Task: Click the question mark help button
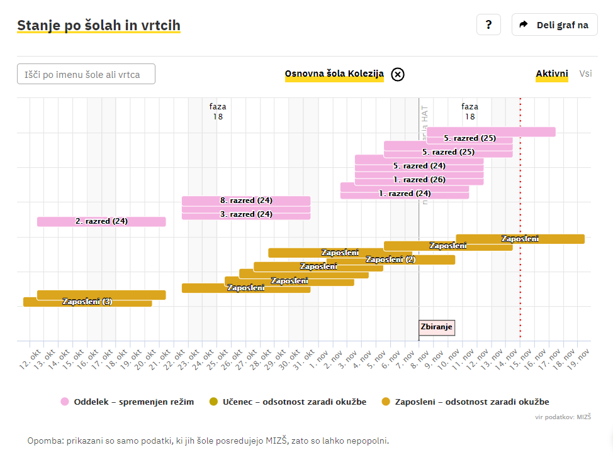[x=488, y=25]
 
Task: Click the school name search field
[x=86, y=74]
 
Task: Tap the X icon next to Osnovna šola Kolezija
[x=398, y=74]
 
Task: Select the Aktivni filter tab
[x=552, y=74]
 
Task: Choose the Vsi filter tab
[x=585, y=74]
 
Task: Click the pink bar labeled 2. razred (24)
[x=101, y=221]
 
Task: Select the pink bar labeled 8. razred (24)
[x=246, y=200]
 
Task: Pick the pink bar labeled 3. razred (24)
[x=246, y=214]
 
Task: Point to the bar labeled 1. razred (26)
[x=419, y=180]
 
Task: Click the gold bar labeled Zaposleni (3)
[x=87, y=302]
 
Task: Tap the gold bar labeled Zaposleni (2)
[x=390, y=260]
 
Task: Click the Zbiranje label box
[x=436, y=327]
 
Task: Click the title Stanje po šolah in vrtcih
[x=99, y=26]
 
